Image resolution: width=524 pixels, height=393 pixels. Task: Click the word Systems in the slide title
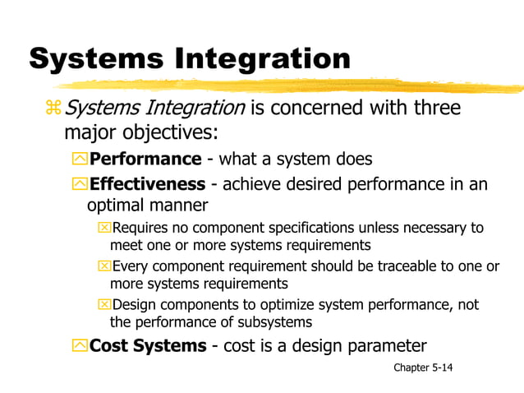(98, 59)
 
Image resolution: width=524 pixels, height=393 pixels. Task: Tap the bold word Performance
(145, 159)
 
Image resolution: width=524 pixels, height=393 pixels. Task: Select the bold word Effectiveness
(147, 183)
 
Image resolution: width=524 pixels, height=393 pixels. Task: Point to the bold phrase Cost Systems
(148, 345)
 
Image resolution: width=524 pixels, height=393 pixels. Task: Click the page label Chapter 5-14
(423, 367)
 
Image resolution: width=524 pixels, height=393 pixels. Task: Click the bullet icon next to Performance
(80, 160)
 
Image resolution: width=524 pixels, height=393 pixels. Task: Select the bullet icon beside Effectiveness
(80, 184)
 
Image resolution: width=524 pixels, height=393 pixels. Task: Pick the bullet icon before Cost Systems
(80, 346)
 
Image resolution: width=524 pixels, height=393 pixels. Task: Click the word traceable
(391, 266)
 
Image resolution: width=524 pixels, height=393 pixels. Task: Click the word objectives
(173, 133)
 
